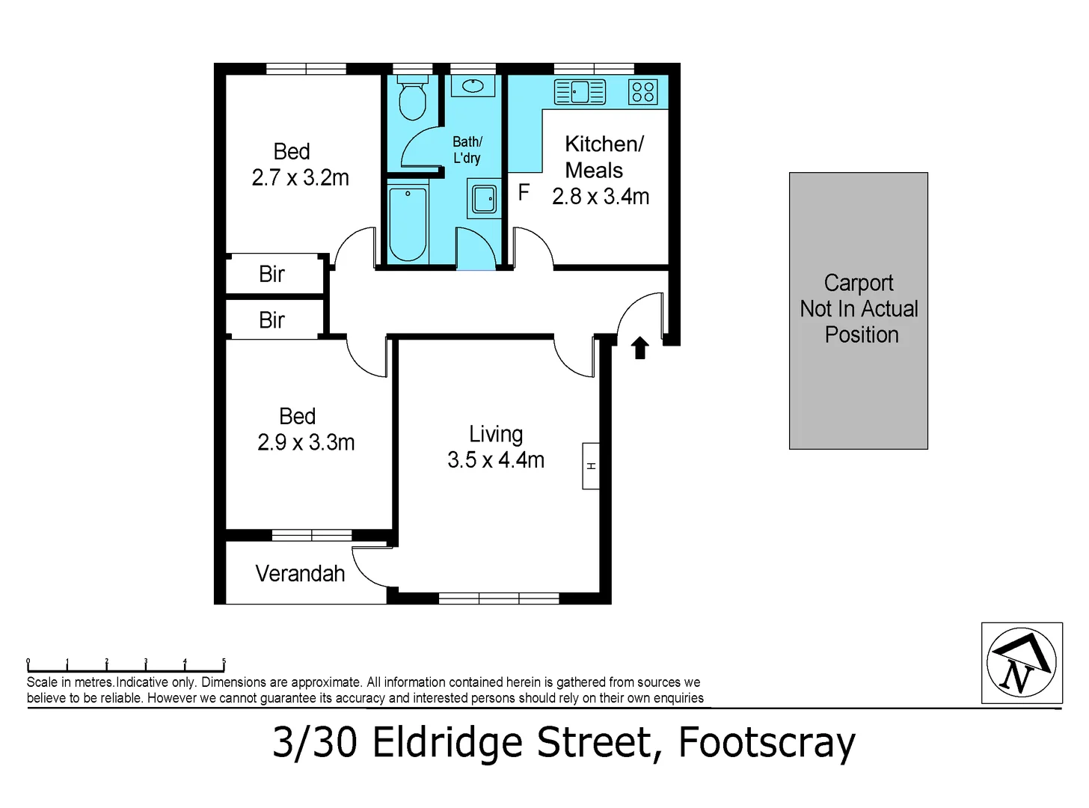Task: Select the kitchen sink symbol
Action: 580,92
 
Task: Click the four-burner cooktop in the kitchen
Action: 643,92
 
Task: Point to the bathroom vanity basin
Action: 473,85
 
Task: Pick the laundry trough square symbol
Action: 483,198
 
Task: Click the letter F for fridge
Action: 524,192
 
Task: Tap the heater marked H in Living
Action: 591,466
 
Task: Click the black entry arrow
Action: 639,348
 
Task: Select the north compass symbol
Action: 1021,663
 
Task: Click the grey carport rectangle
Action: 858,310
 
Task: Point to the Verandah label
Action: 300,574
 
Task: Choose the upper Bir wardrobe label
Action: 272,275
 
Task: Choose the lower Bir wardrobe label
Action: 272,320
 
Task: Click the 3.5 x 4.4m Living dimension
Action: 496,459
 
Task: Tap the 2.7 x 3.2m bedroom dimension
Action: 300,178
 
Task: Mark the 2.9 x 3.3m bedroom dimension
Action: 306,442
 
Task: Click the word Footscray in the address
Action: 766,743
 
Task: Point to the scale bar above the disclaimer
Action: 126,664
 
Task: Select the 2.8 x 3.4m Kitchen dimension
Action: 601,197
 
